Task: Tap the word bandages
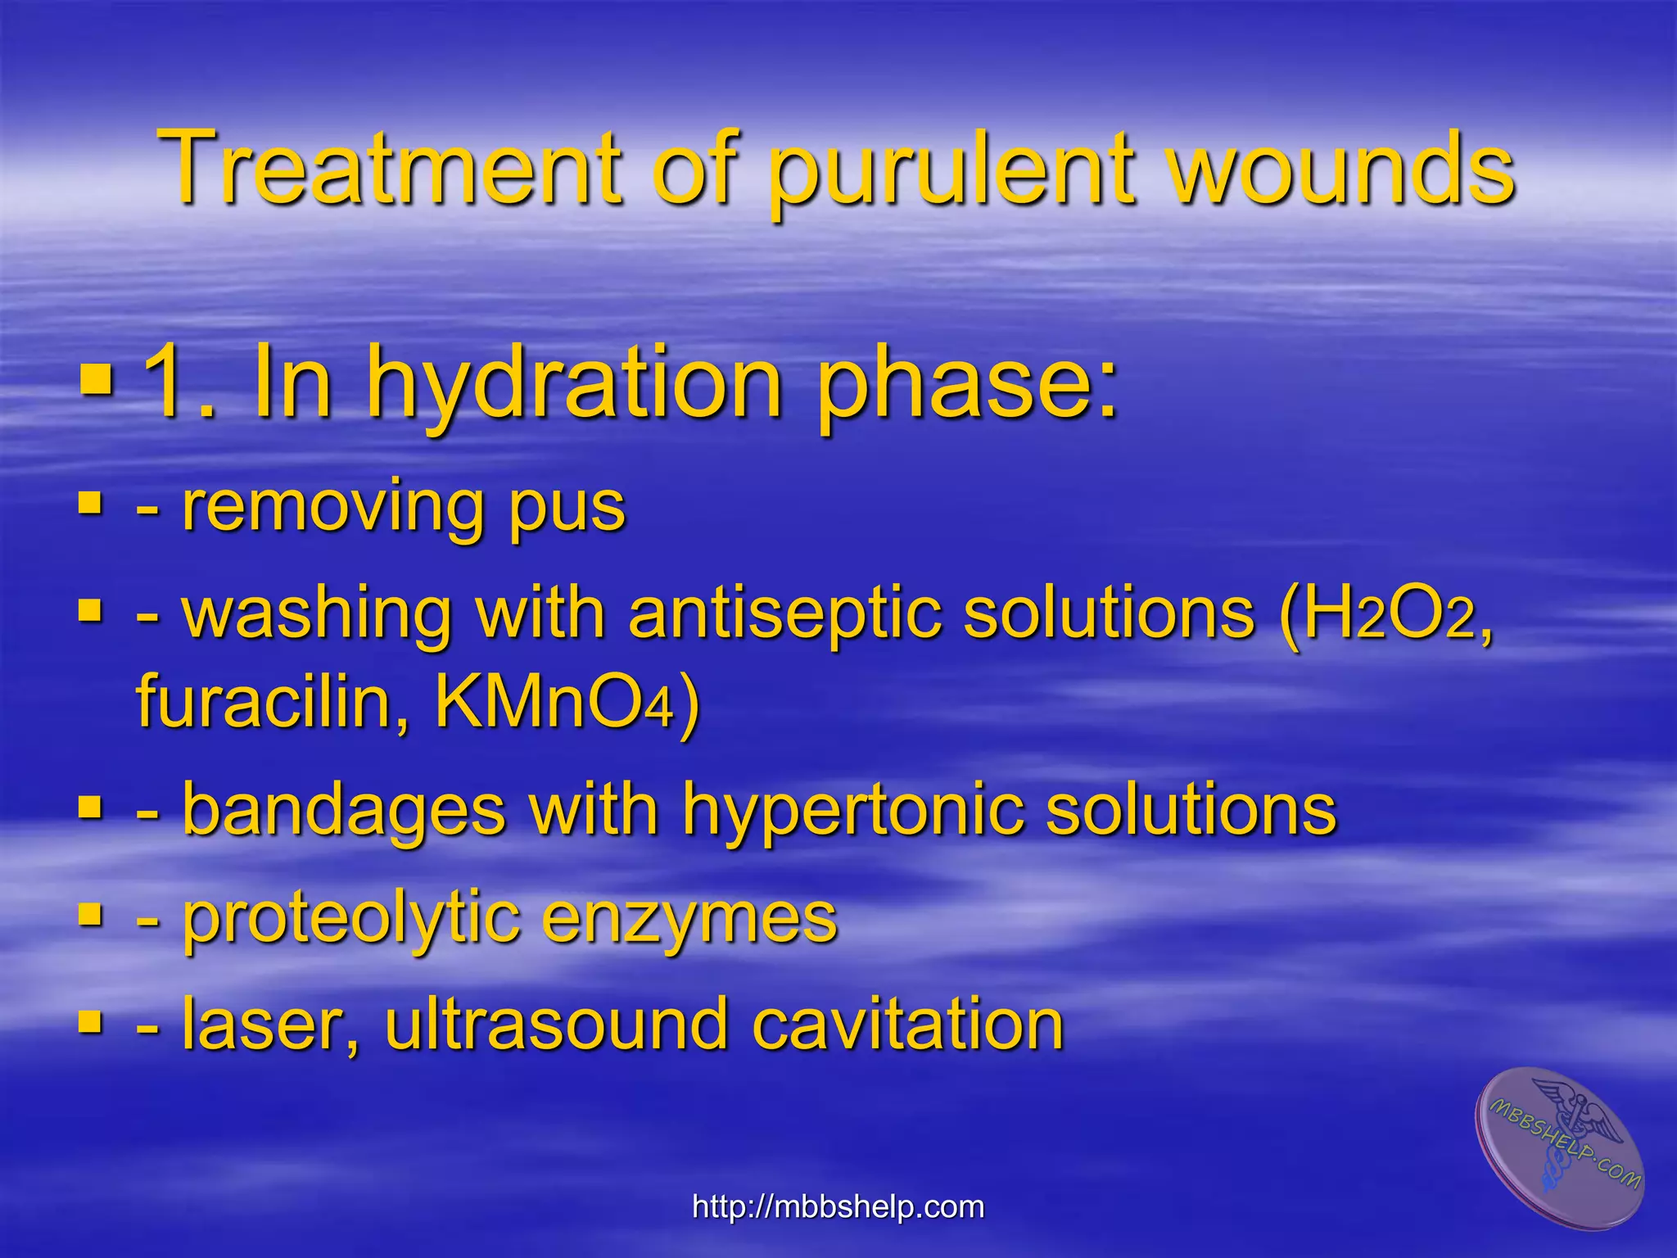tap(344, 811)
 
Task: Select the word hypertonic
tap(852, 811)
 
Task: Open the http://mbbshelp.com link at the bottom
tap(838, 1206)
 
